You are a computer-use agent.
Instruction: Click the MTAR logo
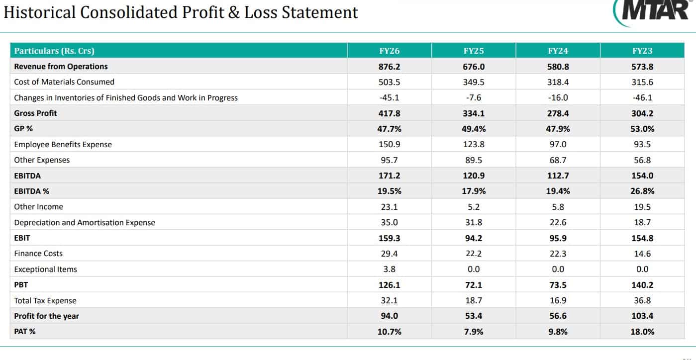653,12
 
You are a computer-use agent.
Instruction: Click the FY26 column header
390,51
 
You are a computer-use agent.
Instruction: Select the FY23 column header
642,51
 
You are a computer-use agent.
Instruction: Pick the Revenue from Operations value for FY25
474,67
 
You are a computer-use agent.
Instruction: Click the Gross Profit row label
35,113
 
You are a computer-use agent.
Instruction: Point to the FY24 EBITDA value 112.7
558,176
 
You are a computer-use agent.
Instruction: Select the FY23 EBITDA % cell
642,191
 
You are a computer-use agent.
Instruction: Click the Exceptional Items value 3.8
390,269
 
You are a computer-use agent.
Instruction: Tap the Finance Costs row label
38,254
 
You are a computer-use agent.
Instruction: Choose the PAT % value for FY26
390,332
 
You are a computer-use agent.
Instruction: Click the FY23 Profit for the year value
642,316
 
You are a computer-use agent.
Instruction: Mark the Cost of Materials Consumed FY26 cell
390,82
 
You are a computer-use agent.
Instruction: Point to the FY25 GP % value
474,129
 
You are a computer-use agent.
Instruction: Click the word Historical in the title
39,12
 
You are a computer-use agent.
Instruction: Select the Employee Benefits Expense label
63,144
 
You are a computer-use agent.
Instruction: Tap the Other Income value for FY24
558,207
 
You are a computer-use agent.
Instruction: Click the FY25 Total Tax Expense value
474,300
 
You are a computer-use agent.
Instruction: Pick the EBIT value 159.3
390,238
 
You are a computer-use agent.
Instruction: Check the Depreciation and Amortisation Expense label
85,222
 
